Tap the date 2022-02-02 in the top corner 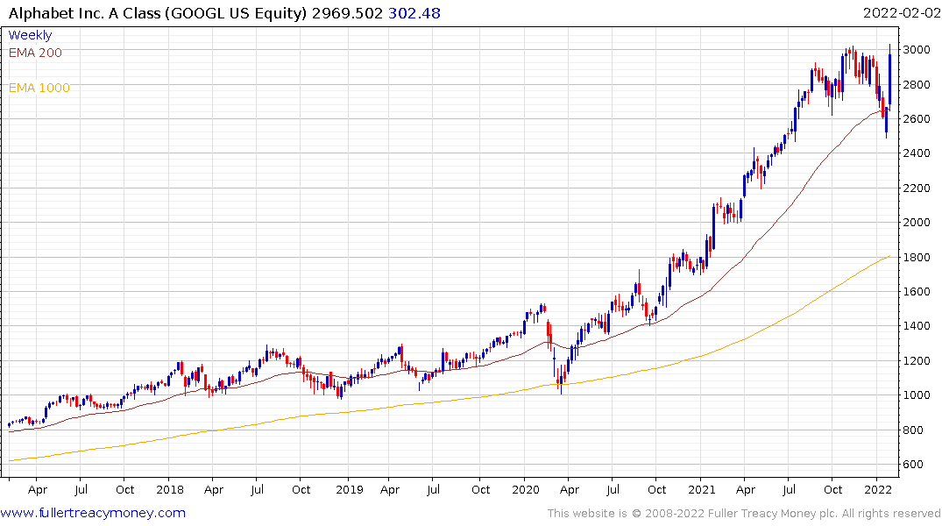[x=900, y=13]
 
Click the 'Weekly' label [x=30, y=35]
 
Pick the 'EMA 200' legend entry [x=35, y=53]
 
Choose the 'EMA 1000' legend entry [x=39, y=88]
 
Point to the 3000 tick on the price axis [x=917, y=49]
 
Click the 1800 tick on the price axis [x=917, y=257]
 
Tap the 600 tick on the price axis [x=914, y=465]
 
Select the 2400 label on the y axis [x=917, y=153]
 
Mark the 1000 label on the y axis [x=917, y=395]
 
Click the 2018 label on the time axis [x=169, y=490]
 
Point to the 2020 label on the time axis [x=525, y=490]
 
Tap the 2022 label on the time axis [x=877, y=490]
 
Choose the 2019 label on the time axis [x=349, y=490]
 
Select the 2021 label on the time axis [x=702, y=490]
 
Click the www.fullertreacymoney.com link [x=93, y=513]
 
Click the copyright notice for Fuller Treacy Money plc [x=744, y=513]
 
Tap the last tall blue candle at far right [x=890, y=79]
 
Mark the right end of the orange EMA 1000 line [x=890, y=256]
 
